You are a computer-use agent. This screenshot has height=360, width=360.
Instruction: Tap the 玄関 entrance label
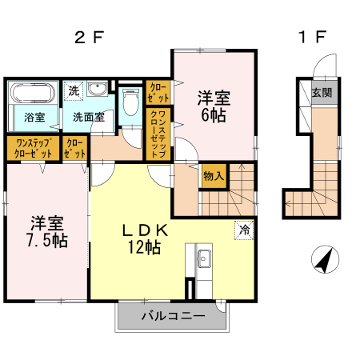click(322, 93)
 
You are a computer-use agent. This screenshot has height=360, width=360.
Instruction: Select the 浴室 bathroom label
click(33, 117)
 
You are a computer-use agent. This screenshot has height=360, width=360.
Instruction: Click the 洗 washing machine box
click(74, 90)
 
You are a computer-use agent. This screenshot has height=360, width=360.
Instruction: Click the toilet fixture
click(130, 103)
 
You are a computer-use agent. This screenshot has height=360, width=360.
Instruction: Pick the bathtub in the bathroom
click(33, 93)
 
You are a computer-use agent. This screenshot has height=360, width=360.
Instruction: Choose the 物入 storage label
click(214, 175)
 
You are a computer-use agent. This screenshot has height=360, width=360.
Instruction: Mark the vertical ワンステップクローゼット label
click(158, 135)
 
